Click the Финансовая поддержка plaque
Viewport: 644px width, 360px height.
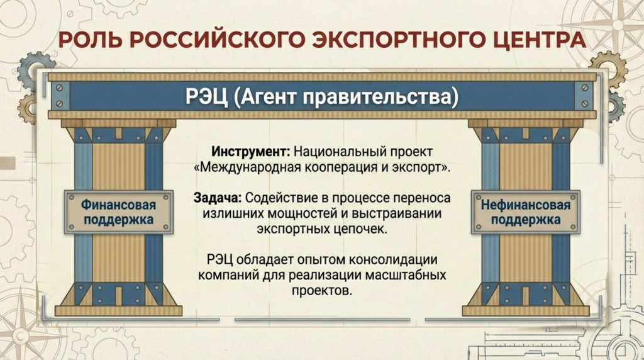tap(118, 212)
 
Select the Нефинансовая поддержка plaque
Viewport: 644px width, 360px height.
tap(526, 212)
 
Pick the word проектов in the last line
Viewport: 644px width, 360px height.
tap(321, 291)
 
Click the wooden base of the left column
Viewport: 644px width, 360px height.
tap(118, 310)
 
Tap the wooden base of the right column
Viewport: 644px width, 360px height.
tap(526, 310)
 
